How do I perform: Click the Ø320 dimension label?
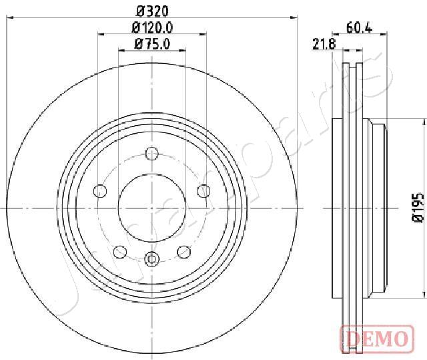[x=152, y=11]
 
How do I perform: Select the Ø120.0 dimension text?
[x=152, y=28]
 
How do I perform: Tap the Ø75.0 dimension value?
[x=152, y=44]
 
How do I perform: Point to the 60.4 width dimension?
[x=359, y=28]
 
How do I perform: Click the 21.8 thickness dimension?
[x=324, y=44]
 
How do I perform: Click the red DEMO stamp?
[x=377, y=339]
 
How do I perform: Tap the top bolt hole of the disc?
[x=152, y=154]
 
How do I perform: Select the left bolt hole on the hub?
[x=100, y=191]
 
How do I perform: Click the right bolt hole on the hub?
[x=203, y=191]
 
